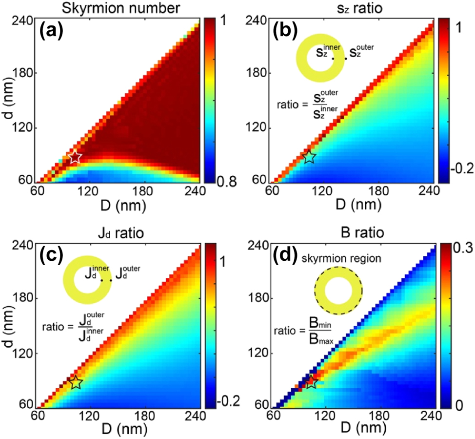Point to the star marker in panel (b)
(309, 157)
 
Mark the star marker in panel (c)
(76, 382)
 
